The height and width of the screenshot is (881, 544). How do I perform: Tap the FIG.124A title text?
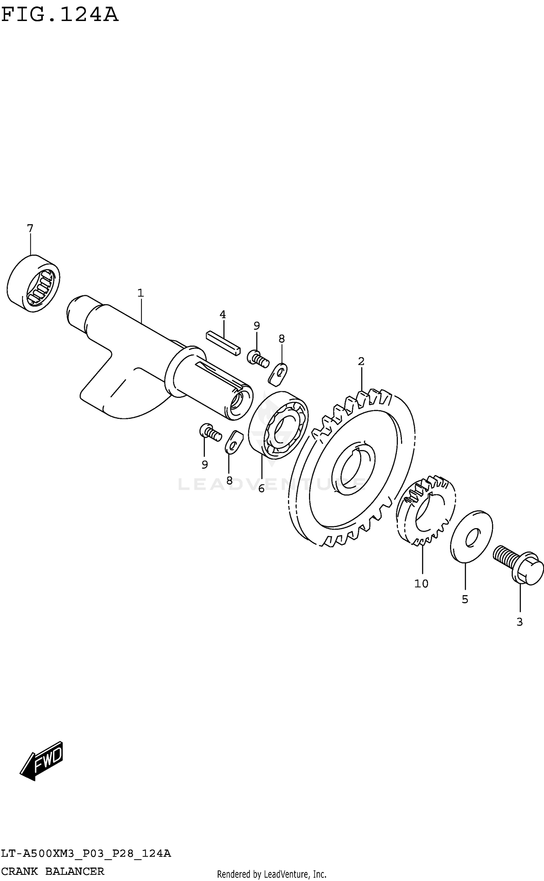click(60, 15)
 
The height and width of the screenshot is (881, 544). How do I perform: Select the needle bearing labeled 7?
click(33, 283)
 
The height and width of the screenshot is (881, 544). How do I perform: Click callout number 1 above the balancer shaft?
click(141, 293)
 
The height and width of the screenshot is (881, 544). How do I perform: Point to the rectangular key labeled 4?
click(223, 343)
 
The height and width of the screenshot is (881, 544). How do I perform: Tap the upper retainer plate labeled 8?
click(278, 373)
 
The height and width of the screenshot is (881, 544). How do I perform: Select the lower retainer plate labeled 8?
click(232, 442)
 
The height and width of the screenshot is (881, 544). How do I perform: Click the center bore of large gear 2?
click(351, 470)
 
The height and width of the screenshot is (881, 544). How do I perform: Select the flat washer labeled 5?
click(471, 536)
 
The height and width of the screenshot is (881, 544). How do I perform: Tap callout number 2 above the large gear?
click(361, 361)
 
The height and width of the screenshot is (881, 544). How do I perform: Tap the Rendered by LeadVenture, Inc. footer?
click(272, 874)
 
